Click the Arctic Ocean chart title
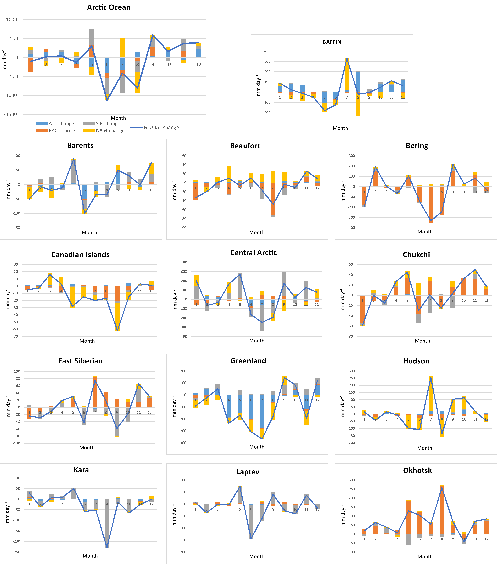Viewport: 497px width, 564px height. click(109, 7)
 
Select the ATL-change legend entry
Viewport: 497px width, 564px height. click(55, 124)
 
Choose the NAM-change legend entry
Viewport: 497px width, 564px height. click(104, 131)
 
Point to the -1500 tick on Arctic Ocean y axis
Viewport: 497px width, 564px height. click(10, 114)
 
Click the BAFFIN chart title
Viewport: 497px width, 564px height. click(332, 42)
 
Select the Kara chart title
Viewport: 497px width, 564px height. click(81, 470)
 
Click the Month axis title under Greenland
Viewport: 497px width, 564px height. click(256, 447)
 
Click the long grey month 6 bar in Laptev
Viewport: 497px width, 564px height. click(251, 522)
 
